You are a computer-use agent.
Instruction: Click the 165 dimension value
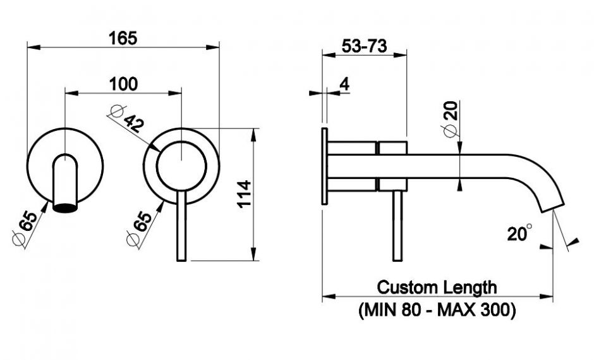(123, 38)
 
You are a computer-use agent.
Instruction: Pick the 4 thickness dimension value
(344, 84)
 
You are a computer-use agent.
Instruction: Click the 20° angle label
(519, 234)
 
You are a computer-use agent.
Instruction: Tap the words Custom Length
(437, 287)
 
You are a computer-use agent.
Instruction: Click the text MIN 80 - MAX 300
(437, 311)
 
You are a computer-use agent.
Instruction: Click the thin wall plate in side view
(324, 166)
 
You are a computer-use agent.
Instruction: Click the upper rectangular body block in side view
(393, 149)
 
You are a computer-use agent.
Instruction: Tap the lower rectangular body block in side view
(393, 183)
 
